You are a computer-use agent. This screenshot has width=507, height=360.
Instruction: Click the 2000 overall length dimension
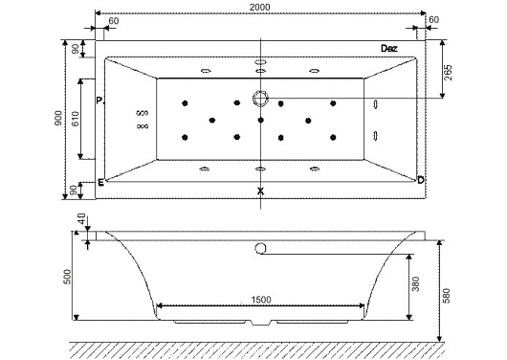[259, 7]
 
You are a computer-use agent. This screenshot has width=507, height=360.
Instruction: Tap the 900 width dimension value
[58, 119]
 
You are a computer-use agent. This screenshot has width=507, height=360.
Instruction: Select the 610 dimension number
[75, 119]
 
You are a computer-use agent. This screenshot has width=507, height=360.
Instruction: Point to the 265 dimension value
[448, 73]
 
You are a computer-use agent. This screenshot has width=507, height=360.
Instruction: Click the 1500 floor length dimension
[261, 300]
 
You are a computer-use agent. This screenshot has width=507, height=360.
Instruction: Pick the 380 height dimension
[416, 284]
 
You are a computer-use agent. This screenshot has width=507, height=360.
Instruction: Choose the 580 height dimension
[446, 296]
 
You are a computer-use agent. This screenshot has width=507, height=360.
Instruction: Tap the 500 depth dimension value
[68, 277]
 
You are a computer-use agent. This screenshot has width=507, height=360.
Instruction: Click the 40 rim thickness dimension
[81, 219]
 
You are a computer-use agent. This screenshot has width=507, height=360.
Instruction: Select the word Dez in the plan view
[389, 49]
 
